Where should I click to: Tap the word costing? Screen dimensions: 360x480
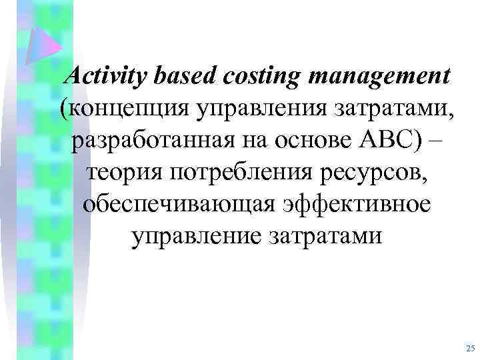click(x=257, y=77)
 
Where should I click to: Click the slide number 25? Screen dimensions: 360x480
click(x=470, y=349)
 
